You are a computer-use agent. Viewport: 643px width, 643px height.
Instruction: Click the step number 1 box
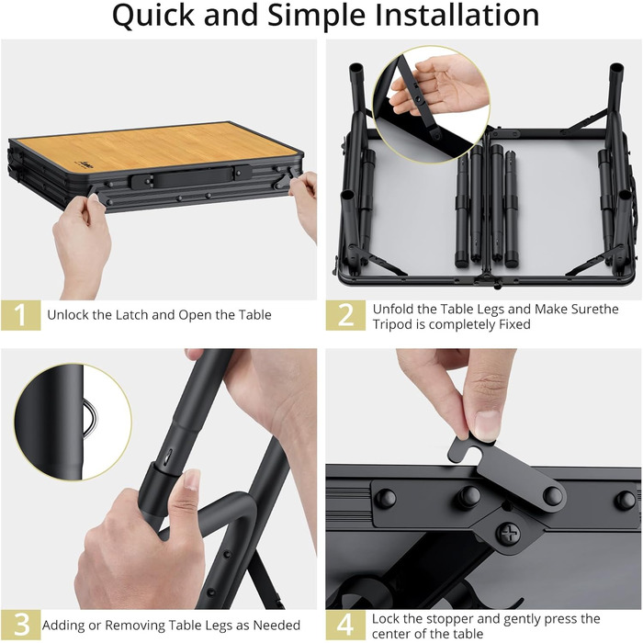tap(21, 315)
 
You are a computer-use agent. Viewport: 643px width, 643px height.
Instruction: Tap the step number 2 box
tap(345, 315)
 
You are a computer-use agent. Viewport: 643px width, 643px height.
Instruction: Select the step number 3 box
tap(21, 625)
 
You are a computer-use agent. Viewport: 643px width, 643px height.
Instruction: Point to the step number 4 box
tap(345, 625)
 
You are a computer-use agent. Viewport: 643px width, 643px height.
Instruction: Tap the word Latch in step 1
tap(132, 315)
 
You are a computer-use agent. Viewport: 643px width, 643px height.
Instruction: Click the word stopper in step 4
tap(451, 619)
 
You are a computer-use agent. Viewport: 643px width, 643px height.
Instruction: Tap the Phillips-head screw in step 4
tap(509, 534)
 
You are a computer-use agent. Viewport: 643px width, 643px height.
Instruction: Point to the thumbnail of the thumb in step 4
tap(488, 425)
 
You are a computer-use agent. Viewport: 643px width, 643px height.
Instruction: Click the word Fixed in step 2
tap(514, 324)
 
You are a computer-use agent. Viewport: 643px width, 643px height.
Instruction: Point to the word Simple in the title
tap(316, 17)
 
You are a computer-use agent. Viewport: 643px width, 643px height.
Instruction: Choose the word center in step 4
tap(393, 634)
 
